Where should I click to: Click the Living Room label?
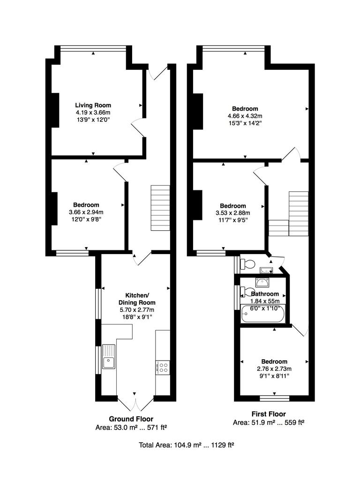93,105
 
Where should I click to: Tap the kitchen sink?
109,356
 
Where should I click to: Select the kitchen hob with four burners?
163,367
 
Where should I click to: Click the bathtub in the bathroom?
262,314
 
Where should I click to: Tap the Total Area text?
186,445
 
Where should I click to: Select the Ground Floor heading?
131,419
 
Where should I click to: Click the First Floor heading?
268,414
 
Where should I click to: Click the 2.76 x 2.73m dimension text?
274,369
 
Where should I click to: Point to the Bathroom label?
265,294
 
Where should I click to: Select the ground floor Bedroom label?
86,205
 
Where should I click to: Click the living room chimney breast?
55,110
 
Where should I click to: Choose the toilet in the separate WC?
247,264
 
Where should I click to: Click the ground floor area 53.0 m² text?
131,427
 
